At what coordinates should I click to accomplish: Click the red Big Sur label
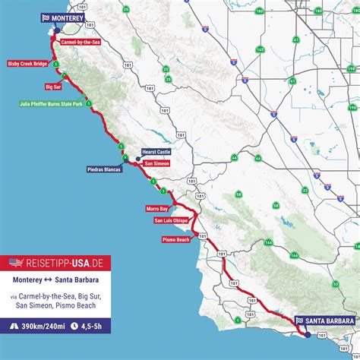click(x=53, y=87)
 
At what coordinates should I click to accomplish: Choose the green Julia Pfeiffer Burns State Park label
click(x=49, y=103)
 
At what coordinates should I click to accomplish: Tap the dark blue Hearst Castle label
click(x=156, y=152)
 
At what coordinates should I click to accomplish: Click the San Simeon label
click(x=156, y=163)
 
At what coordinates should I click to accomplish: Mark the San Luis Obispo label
click(x=172, y=221)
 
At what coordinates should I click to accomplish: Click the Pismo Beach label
click(x=175, y=239)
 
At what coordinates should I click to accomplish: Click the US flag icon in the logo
click(x=16, y=263)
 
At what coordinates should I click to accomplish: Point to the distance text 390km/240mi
click(x=43, y=327)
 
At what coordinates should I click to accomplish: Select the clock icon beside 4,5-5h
click(x=74, y=327)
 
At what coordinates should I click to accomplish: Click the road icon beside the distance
click(x=14, y=327)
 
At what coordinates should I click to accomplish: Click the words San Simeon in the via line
click(x=30, y=306)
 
